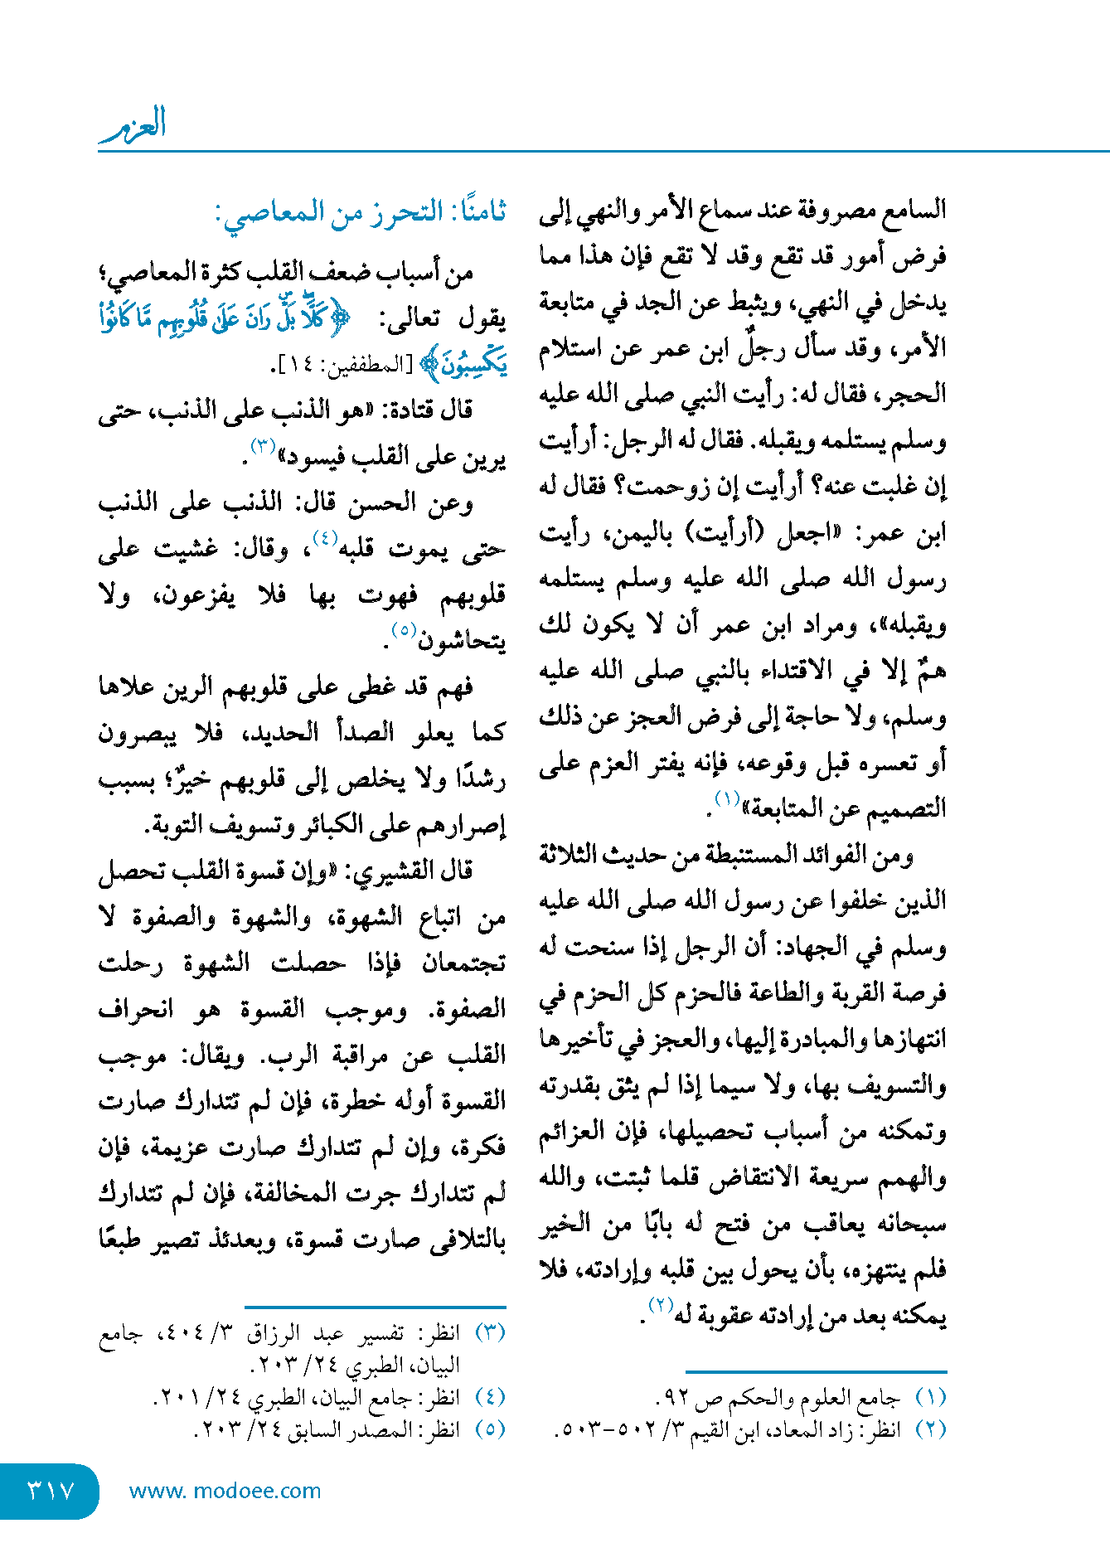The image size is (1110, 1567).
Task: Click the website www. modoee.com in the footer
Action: tap(225, 1491)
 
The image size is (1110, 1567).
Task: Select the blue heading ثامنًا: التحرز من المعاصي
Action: tap(361, 212)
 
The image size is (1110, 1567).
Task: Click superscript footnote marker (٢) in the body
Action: tap(659, 1304)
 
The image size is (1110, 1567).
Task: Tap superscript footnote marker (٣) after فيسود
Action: tap(263, 446)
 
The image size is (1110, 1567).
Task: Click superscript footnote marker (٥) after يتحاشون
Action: tap(403, 629)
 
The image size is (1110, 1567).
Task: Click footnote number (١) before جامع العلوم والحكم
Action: tap(930, 1397)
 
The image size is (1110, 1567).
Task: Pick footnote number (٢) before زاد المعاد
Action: tap(930, 1429)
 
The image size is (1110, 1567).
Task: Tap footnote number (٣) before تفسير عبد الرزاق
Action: tap(490, 1332)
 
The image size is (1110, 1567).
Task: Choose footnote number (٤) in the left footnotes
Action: tap(490, 1397)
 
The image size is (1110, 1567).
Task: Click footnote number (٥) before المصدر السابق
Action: tap(490, 1429)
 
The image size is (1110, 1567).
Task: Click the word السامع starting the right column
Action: tap(914, 211)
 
